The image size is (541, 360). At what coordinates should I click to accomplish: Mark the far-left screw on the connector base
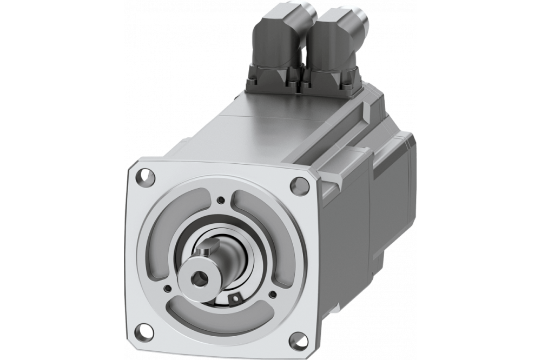coord(251,82)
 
